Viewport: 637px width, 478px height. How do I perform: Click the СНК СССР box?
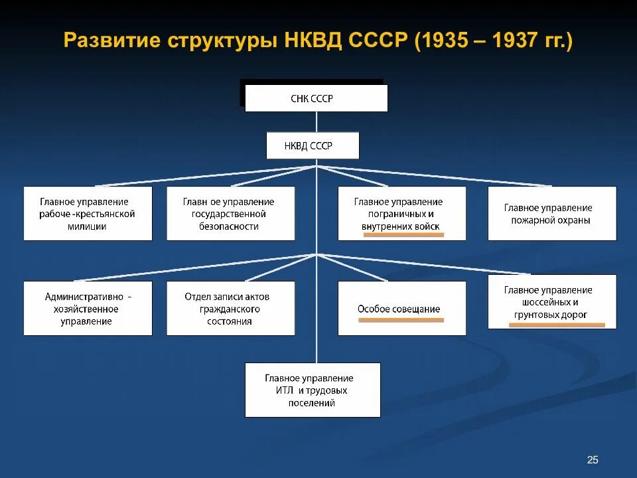tap(316, 98)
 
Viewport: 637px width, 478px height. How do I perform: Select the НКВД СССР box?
tap(313, 145)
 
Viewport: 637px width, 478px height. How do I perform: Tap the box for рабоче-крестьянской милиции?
tap(88, 213)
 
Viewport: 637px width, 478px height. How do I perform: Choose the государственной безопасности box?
tap(230, 213)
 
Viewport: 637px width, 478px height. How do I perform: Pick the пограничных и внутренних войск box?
tap(401, 213)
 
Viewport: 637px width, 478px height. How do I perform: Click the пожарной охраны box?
tap(551, 213)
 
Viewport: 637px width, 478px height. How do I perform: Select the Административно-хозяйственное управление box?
tap(88, 308)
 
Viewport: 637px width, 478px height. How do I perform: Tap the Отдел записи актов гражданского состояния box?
tap(230, 308)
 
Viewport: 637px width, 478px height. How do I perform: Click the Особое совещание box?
tap(401, 308)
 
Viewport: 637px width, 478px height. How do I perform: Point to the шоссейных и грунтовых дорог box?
tap(551, 301)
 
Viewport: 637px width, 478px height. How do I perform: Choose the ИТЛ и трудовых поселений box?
tap(313, 390)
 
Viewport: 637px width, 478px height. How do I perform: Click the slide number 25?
tap(593, 459)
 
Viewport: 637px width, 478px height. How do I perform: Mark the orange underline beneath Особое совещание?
tap(401, 320)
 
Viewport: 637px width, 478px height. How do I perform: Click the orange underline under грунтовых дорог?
tap(557, 325)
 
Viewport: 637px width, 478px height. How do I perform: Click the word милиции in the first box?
tap(88, 226)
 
